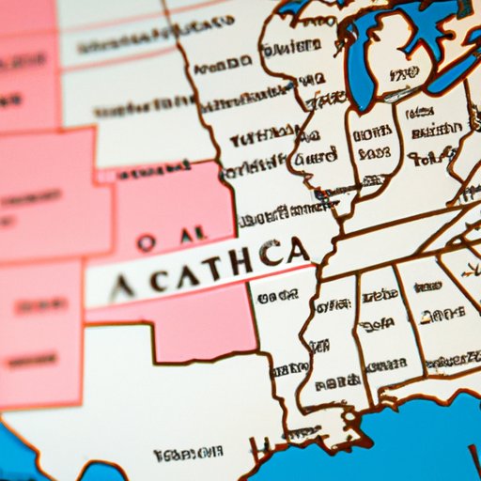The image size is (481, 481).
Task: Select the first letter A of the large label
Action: (x=128, y=282)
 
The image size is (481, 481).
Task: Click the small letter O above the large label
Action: (x=146, y=240)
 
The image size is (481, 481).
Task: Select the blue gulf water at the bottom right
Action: (x=423, y=442)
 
